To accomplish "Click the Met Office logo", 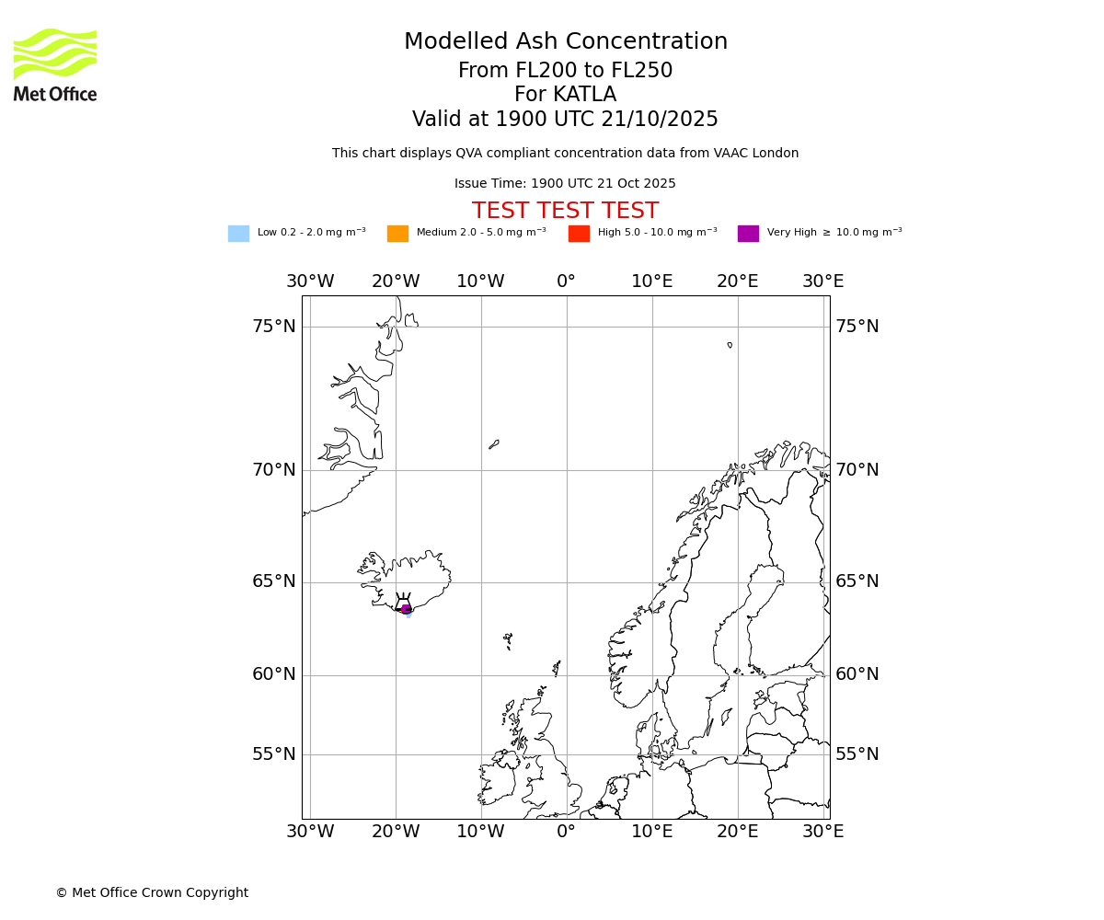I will tap(55, 64).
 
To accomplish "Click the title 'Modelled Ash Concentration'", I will tap(565, 42).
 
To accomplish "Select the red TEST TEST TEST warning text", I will tap(565, 211).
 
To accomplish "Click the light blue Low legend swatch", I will tap(238, 234).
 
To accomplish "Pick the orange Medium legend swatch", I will tap(397, 234).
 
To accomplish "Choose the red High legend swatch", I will tap(579, 234).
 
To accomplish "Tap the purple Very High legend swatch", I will tap(748, 234).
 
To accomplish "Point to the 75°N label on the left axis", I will tap(274, 327).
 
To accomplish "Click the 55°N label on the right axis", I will tap(857, 754).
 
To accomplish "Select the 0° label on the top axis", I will tap(566, 282).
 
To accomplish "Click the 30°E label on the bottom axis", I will tap(822, 832).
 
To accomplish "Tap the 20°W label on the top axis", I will tap(396, 282).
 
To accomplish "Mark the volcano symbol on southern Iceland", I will tap(403, 603).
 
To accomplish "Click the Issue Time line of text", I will tap(565, 184).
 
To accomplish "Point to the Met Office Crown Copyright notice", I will tap(152, 892).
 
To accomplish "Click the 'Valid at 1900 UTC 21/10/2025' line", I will tap(565, 120).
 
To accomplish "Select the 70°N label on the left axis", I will tap(274, 470).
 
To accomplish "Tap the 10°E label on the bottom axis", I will tap(651, 832).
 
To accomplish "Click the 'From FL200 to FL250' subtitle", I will tap(565, 71).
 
